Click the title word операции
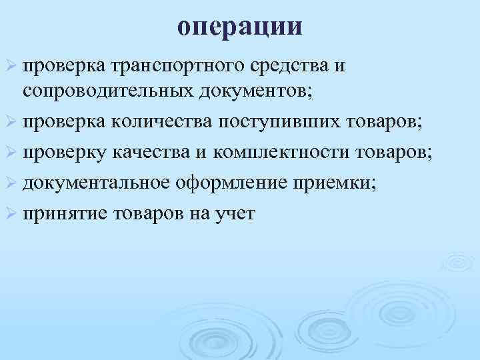coord(240,27)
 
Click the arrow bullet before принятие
coord(11,215)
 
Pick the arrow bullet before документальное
coord(11,184)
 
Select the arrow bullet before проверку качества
coord(11,153)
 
